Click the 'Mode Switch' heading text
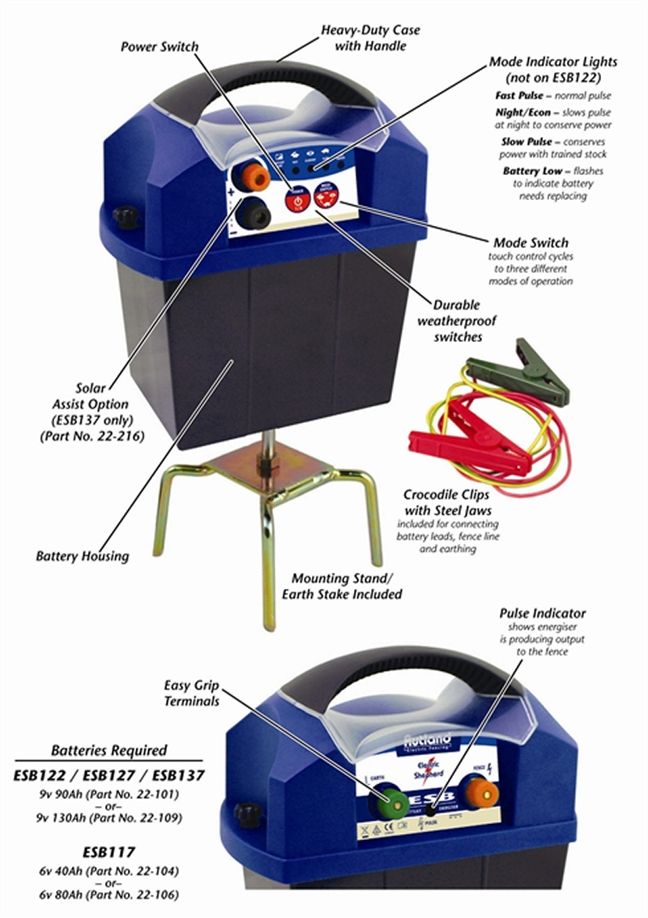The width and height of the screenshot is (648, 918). click(531, 242)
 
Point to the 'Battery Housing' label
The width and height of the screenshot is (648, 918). click(82, 557)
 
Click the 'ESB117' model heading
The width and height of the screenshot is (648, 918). click(108, 852)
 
